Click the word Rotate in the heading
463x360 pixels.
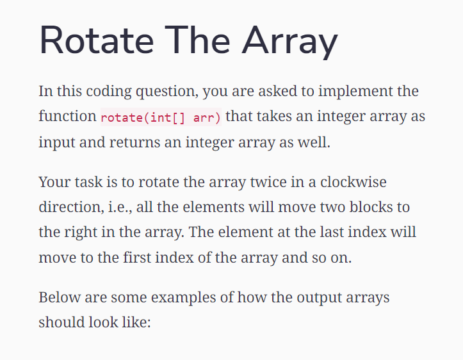[x=96, y=41]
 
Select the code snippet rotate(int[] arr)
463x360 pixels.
[x=161, y=118]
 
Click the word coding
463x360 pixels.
[x=105, y=92]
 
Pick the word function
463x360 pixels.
[x=67, y=117]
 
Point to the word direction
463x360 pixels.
[x=67, y=208]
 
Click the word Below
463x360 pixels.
[x=56, y=298]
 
